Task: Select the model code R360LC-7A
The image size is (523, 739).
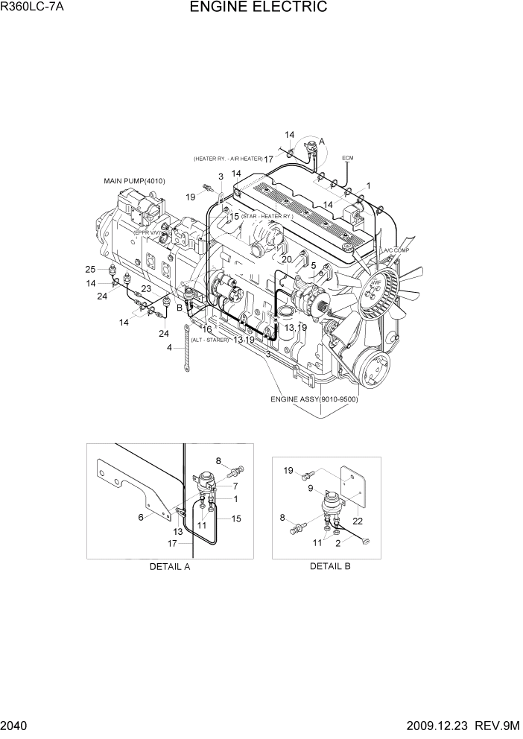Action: pyautogui.click(x=32, y=8)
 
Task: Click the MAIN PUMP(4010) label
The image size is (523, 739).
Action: pyautogui.click(x=135, y=181)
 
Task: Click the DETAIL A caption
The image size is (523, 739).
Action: pyautogui.click(x=170, y=566)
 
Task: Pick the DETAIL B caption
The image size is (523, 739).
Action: pyautogui.click(x=330, y=566)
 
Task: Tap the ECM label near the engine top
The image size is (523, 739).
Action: pyautogui.click(x=348, y=159)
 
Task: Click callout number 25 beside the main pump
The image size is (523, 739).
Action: pyautogui.click(x=90, y=269)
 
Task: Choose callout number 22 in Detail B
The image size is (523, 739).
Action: pyautogui.click(x=358, y=521)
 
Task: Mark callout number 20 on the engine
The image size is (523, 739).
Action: pyautogui.click(x=286, y=259)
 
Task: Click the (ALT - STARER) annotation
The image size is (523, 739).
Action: pyautogui.click(x=210, y=340)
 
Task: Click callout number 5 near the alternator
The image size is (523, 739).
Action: pyautogui.click(x=314, y=265)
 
